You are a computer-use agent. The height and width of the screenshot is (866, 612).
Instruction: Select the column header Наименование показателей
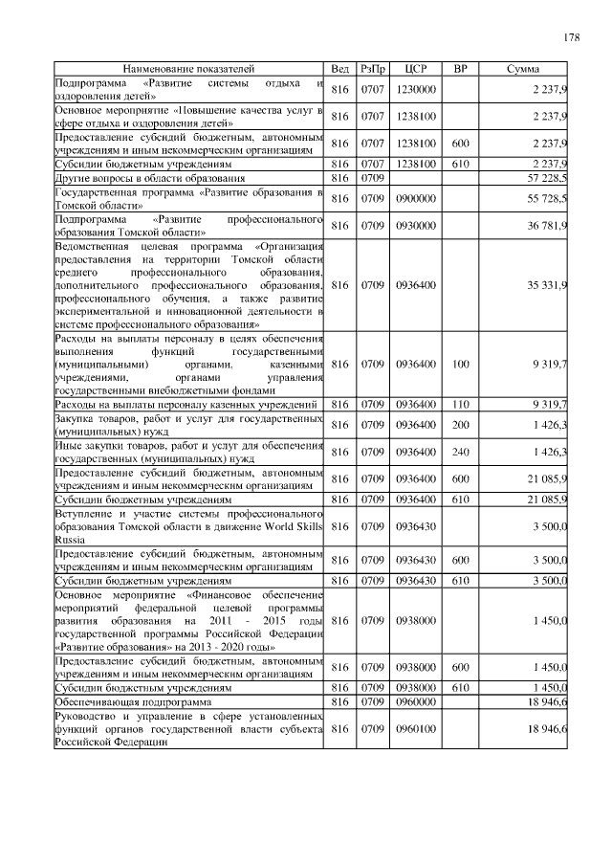coord(188,69)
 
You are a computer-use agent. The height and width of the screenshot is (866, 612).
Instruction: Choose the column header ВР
coord(460,69)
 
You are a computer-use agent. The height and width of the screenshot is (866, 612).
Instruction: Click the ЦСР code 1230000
coord(416,89)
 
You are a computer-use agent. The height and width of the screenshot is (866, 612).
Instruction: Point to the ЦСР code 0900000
coord(416,197)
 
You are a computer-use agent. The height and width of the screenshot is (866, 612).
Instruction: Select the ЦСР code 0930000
coord(416,225)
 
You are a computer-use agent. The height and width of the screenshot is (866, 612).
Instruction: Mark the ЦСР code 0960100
coord(416,730)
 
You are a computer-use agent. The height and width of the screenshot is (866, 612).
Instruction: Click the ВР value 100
coord(460,365)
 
